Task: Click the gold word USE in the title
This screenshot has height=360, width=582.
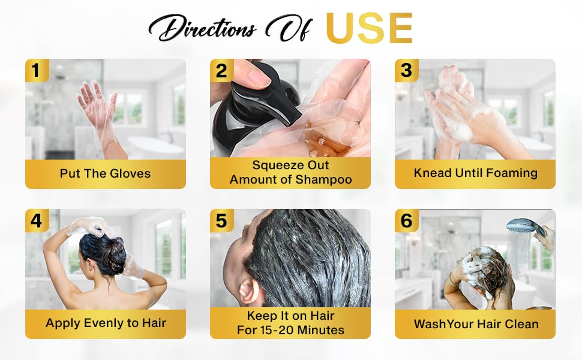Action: pos(369,28)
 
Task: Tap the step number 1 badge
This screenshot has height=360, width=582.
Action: pos(36,71)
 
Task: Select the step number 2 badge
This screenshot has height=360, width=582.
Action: pos(221,71)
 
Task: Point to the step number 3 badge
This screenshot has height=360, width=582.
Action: pos(406,71)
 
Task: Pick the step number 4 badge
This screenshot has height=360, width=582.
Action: pos(36,221)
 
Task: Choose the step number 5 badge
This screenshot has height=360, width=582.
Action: pos(221,221)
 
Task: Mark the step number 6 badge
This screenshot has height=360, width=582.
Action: pos(406,221)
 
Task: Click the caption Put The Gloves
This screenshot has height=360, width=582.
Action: pos(105,173)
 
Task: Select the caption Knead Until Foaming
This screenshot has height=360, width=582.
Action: pos(475,173)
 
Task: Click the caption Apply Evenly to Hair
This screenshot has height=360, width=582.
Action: pos(105,323)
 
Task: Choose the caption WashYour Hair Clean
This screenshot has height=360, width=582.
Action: pos(475,324)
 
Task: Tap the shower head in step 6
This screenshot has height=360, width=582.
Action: pos(522,227)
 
